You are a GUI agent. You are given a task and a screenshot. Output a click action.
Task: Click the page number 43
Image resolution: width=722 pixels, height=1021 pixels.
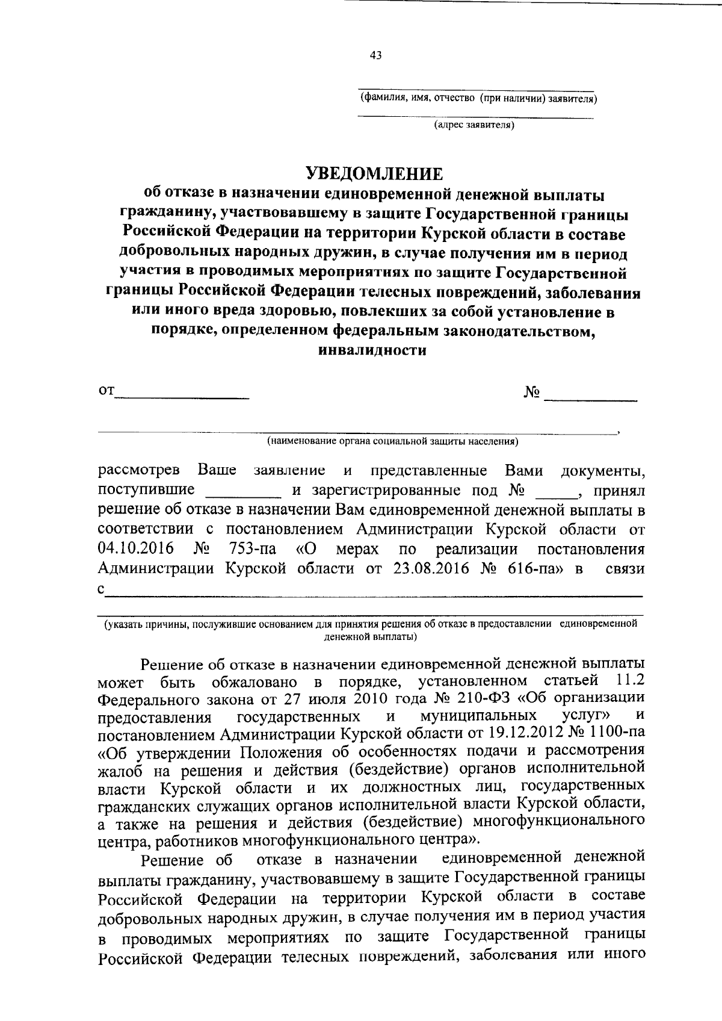point(375,56)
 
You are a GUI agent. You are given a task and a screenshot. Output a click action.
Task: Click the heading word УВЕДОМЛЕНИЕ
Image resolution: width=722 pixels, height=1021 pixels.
point(374,174)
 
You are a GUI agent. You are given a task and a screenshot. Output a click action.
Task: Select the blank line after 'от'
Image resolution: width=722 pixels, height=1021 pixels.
point(182,397)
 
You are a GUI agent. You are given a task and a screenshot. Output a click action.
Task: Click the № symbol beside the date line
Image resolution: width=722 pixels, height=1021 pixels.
point(532,393)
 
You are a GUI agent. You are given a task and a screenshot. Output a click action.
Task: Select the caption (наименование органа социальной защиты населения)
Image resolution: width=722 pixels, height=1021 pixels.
point(393,441)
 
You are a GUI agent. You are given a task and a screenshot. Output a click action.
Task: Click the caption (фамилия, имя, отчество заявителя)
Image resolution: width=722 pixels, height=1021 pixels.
point(478,98)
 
